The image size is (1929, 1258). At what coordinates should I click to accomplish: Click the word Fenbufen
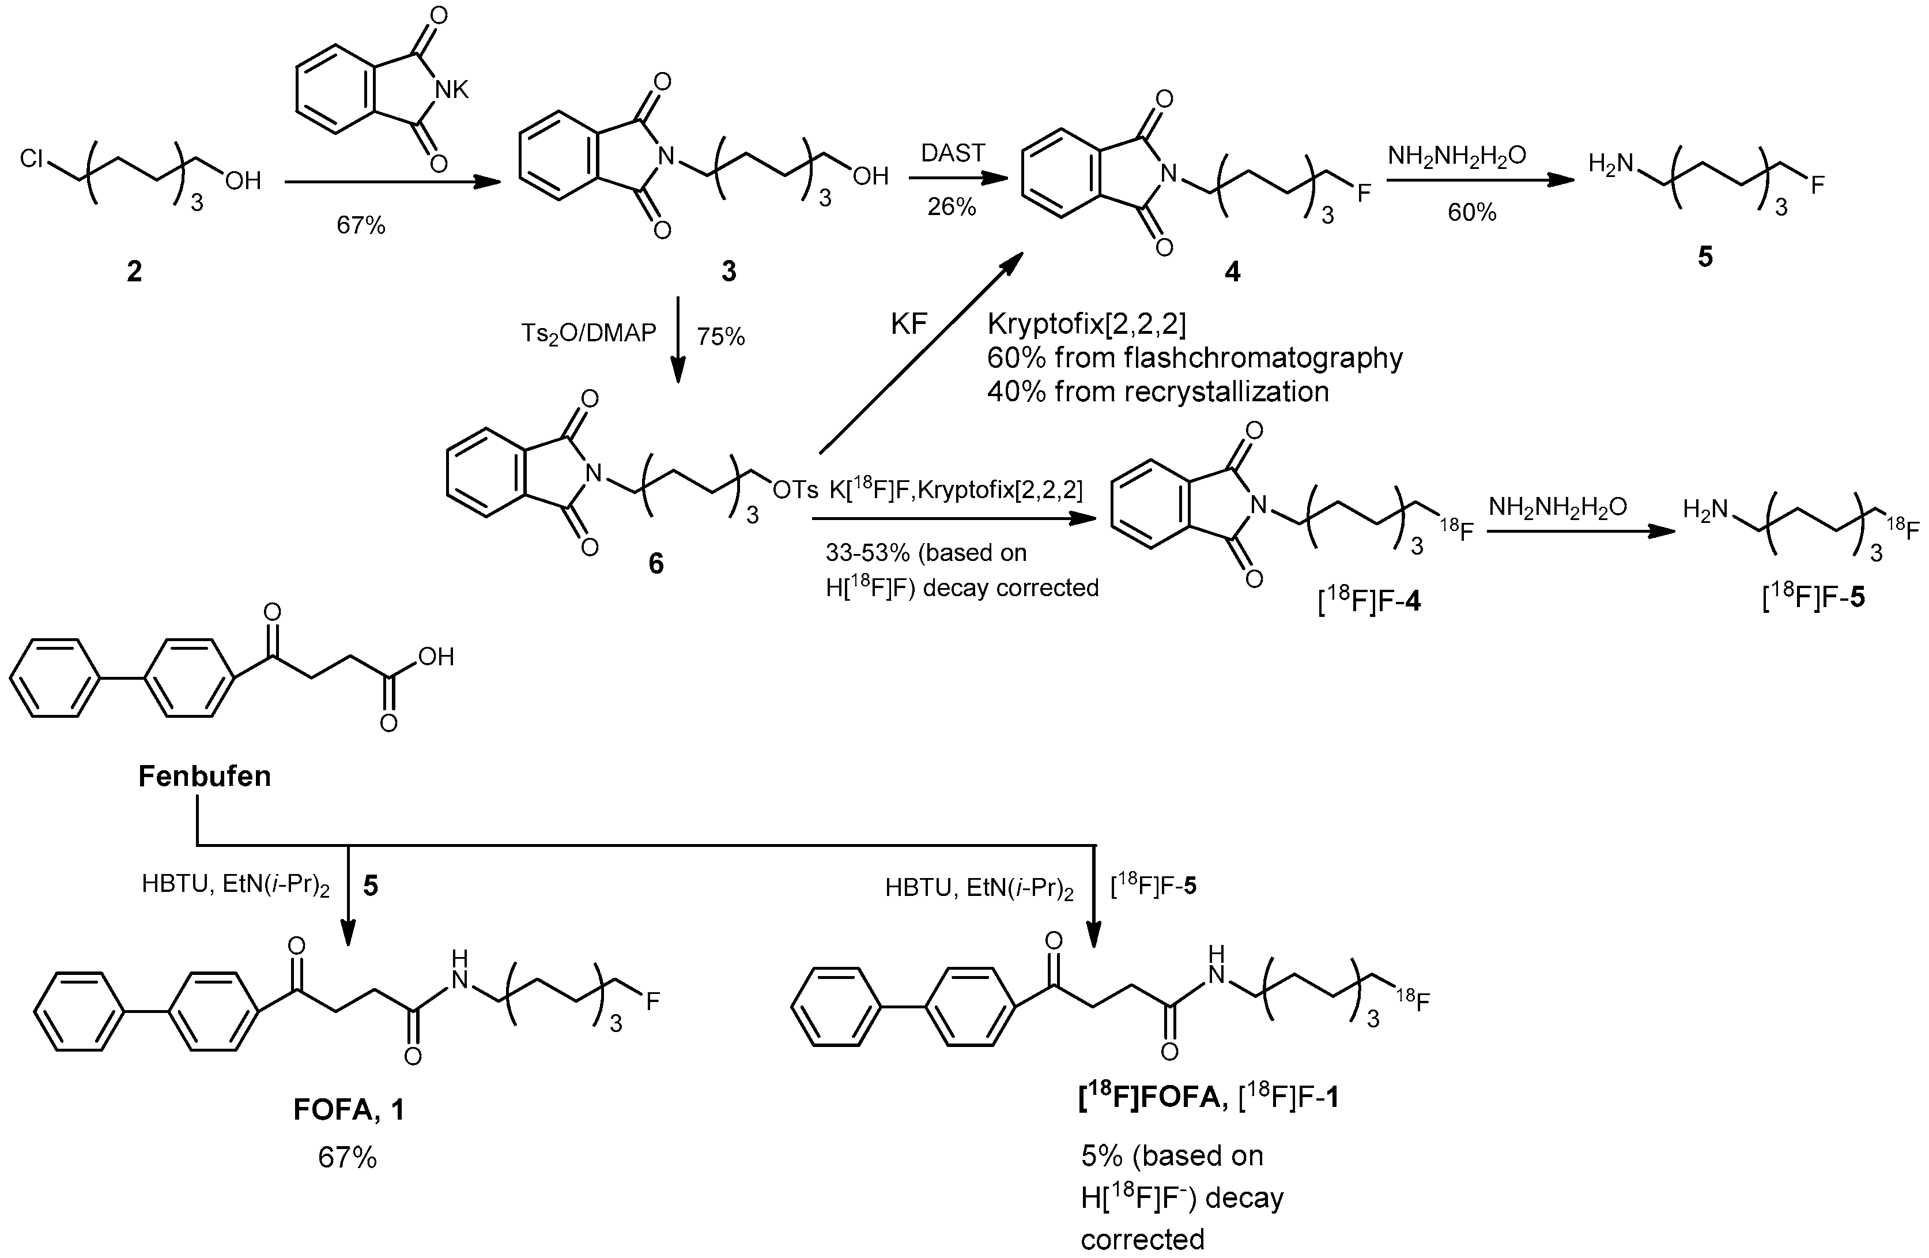tap(204, 777)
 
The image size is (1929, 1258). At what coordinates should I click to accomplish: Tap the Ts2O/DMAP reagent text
tap(588, 333)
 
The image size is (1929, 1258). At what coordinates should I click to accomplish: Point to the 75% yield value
tap(720, 336)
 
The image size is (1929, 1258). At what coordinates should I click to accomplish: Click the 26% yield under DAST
tap(952, 207)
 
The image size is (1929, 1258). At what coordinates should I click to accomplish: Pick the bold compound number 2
tap(134, 272)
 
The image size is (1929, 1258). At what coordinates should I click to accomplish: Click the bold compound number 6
tap(656, 563)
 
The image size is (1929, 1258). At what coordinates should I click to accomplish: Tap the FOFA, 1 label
tap(349, 1110)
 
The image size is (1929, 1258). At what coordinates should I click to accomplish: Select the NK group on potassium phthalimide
tap(451, 91)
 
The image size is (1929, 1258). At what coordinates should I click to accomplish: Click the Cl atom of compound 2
tap(34, 159)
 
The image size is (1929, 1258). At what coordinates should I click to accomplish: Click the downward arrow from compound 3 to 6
tap(678, 340)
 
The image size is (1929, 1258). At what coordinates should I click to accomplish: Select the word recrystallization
tap(1191, 392)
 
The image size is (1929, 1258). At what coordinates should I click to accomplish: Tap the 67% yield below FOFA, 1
tap(347, 1158)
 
